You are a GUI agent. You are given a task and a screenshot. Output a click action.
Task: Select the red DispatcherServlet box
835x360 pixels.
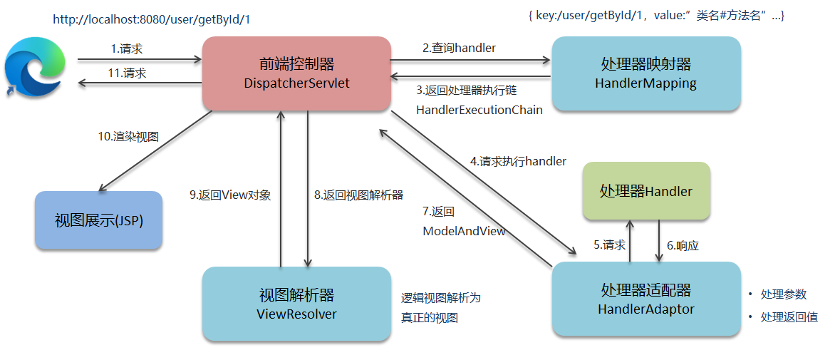(x=296, y=73)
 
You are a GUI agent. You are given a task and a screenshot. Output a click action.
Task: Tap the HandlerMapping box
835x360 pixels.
(x=645, y=73)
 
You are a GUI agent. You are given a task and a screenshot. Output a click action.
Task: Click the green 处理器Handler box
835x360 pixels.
(x=645, y=191)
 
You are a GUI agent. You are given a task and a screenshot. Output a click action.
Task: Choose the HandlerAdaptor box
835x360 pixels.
(x=645, y=299)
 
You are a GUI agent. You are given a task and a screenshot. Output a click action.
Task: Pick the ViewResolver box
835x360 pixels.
(x=296, y=304)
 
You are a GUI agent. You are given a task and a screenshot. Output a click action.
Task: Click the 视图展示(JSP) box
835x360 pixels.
(x=99, y=220)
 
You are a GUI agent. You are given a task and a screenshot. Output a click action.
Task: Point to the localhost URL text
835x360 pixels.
(x=152, y=19)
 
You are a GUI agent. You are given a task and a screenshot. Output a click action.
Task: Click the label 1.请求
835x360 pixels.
(x=128, y=48)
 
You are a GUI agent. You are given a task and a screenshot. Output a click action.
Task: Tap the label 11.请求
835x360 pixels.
(x=128, y=73)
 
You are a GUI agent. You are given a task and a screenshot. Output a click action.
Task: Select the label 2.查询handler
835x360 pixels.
(x=459, y=48)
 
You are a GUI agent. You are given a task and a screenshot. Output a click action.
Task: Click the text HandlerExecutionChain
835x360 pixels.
(x=479, y=110)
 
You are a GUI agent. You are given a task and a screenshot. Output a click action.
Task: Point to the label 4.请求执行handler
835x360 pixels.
(x=518, y=161)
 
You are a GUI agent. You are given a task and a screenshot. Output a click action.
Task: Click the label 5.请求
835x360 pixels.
(x=609, y=245)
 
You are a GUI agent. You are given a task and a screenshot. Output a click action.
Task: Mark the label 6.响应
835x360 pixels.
(x=683, y=245)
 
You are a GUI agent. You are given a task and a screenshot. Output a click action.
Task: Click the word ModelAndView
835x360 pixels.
(x=464, y=230)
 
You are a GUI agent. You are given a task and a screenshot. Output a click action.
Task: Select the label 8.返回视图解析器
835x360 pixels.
(x=358, y=194)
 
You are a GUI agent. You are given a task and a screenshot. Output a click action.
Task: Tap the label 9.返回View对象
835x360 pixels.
(x=230, y=194)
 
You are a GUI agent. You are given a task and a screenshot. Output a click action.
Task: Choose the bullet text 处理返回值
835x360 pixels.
(x=789, y=317)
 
